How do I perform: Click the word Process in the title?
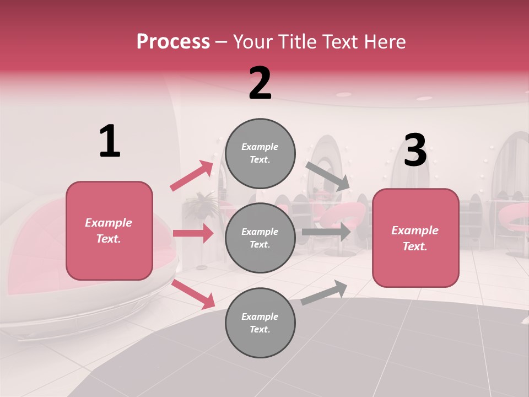[x=173, y=41]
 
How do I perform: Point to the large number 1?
[x=110, y=142]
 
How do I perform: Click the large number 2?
[x=260, y=83]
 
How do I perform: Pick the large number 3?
[x=415, y=151]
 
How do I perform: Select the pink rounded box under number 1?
[x=109, y=230]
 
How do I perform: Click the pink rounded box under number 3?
[x=415, y=238]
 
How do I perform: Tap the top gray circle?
[x=260, y=153]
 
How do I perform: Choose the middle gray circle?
[x=260, y=238]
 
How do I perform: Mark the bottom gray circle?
[x=260, y=323]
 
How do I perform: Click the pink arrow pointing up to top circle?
[x=192, y=176]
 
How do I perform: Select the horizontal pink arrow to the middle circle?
[x=193, y=233]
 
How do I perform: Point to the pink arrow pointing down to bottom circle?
[x=193, y=294]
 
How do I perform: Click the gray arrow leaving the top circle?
[x=327, y=176]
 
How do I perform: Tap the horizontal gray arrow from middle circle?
[x=326, y=232]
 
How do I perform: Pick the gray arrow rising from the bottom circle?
[x=324, y=292]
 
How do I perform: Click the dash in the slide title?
[x=222, y=41]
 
